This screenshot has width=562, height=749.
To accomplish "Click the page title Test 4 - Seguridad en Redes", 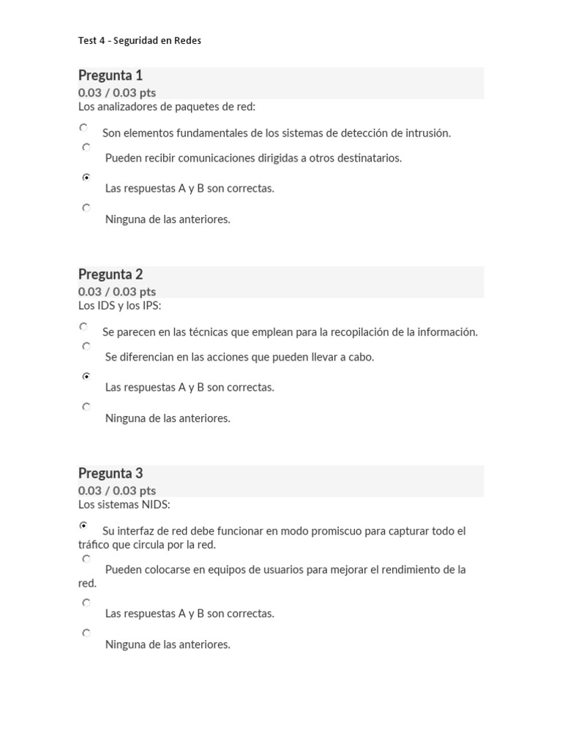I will [139, 41].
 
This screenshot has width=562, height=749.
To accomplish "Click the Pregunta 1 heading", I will [110, 75].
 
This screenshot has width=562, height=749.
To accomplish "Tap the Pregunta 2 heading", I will [110, 274].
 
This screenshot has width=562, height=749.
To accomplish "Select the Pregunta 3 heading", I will [110, 473].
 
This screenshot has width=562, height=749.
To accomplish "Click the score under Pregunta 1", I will [117, 92].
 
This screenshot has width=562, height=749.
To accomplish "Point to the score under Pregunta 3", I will [117, 490].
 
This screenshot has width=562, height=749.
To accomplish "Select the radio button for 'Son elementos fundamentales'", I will [84, 127].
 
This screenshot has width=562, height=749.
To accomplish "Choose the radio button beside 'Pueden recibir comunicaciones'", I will [86, 147].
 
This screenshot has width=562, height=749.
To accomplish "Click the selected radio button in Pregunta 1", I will [86, 177].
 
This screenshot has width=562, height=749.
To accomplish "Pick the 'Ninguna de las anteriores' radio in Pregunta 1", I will [86, 208].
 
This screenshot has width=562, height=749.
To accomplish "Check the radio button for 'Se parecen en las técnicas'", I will [84, 326].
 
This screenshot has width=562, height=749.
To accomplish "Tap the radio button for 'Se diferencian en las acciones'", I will [86, 346].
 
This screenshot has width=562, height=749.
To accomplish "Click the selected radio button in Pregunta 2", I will [86, 376].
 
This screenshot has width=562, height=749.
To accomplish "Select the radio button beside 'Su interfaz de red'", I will [83, 525].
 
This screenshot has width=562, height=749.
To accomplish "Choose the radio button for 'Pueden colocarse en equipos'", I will [86, 559].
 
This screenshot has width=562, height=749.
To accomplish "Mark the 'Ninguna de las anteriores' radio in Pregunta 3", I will [86, 633].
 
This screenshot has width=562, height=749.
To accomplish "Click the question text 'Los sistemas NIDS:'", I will [124, 505].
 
